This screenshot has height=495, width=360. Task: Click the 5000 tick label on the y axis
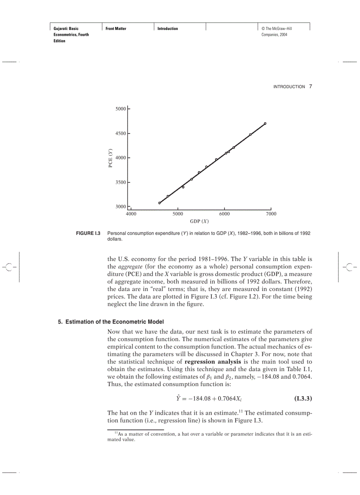120,109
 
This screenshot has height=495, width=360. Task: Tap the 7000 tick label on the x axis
271,214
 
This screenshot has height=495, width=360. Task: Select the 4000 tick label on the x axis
131,214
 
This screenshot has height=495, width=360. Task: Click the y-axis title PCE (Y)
111,157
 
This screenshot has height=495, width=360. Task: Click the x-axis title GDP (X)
199,221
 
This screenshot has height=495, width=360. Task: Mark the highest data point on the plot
265,123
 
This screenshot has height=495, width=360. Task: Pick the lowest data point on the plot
159,203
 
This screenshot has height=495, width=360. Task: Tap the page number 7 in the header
311,86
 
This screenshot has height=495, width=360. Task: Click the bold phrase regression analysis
213,362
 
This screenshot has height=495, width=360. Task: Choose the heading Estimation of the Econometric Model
114,322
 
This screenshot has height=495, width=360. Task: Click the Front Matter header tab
116,29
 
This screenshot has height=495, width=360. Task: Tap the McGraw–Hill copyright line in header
277,29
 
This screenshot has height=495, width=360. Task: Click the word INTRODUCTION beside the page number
289,87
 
